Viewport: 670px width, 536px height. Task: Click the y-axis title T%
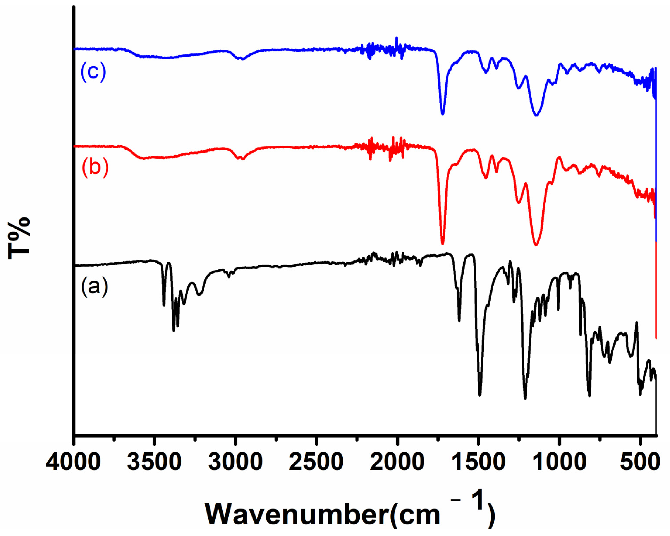(x=19, y=238)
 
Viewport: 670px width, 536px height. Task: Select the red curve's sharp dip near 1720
(x=443, y=243)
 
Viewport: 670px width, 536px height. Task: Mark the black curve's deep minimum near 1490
(x=479, y=395)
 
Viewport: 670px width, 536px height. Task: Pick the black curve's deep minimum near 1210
(x=525, y=398)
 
